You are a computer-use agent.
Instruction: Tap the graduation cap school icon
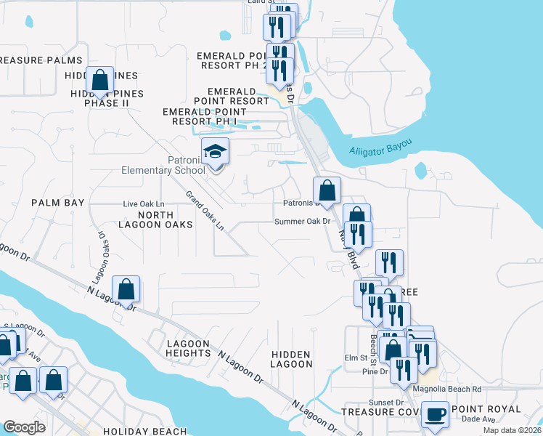click(215, 153)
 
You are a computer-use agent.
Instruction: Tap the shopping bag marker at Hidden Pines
click(100, 79)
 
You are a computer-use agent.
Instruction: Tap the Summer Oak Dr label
click(302, 221)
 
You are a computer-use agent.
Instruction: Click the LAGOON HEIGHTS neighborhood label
click(188, 348)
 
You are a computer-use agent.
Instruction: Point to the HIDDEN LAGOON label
click(291, 358)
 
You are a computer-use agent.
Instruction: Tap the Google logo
click(24, 427)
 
